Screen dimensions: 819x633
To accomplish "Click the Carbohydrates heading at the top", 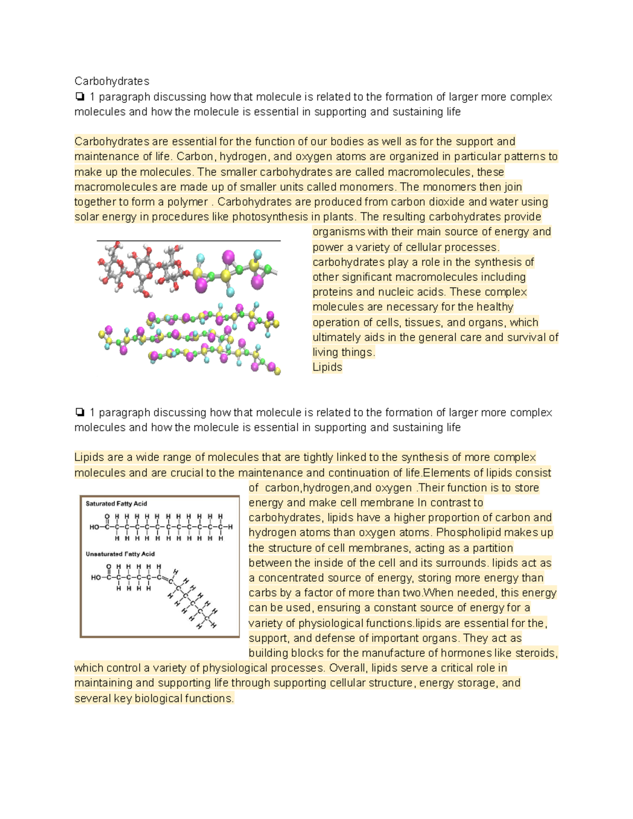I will pyautogui.click(x=111, y=81).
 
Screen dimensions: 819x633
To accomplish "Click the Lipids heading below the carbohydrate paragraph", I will pyautogui.click(x=327, y=367).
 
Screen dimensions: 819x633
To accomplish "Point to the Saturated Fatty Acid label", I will pyautogui.click(x=116, y=504).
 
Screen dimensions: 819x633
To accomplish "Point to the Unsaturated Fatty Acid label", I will pyautogui.click(x=120, y=554).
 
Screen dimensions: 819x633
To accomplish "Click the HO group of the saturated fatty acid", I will pyautogui.click(x=94, y=527).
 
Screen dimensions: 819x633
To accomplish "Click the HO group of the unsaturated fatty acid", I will pyautogui.click(x=95, y=577).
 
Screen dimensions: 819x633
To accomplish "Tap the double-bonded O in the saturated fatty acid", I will pyautogui.click(x=107, y=516).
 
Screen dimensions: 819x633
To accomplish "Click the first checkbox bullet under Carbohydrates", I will pyautogui.click(x=79, y=97).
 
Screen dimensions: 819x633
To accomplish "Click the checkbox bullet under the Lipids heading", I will pyautogui.click(x=79, y=412).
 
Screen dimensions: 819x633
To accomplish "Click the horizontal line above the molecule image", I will pyautogui.click(x=188, y=240).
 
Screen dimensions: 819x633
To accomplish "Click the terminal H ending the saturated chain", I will pyautogui.click(x=230, y=527).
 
